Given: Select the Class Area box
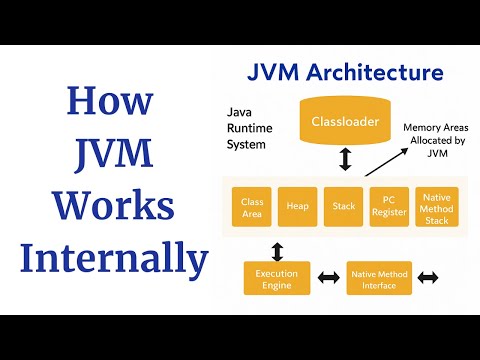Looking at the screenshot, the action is pos(251,207).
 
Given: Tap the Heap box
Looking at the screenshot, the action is pos(297,207).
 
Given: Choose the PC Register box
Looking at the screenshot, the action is pos(389,207).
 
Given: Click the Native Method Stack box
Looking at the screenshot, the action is pos(435,207).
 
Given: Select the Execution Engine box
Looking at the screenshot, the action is pos(276,278).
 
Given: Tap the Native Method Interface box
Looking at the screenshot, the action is pos(379,278).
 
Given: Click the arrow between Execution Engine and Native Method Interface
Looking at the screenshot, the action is pos(327,278).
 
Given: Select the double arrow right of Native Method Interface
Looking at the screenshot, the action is pos(429,278).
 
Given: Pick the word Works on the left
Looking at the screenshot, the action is pos(110,205).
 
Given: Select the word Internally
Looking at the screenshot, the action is pos(110,258).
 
